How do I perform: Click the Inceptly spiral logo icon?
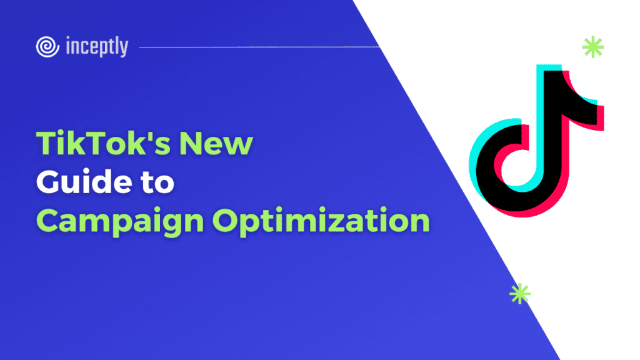47,46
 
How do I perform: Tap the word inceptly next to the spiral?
97,46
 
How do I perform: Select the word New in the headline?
216,143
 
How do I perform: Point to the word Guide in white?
84,182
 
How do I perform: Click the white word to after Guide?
157,183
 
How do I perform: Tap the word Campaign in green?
120,222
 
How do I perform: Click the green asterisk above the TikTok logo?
593,47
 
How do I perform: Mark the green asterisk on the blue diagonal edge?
520,294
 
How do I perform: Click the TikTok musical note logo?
536,141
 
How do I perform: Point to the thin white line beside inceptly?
259,47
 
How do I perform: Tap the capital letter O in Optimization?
226,220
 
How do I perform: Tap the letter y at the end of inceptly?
124,49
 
